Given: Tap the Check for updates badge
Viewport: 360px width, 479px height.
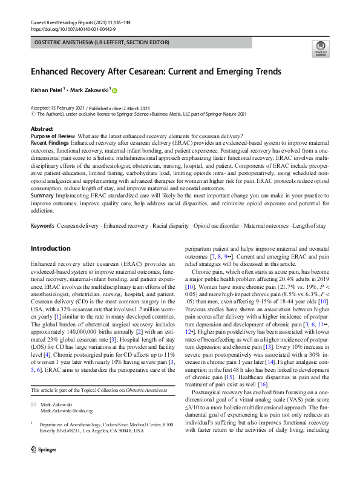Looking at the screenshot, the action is [319, 49].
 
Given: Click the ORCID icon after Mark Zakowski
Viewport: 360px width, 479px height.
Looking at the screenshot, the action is [114, 90].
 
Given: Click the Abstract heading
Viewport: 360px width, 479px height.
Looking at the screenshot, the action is [42, 129].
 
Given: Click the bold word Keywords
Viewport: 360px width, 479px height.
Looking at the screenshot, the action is [43, 226].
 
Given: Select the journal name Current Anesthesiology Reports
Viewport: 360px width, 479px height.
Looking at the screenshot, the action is [64, 22].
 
